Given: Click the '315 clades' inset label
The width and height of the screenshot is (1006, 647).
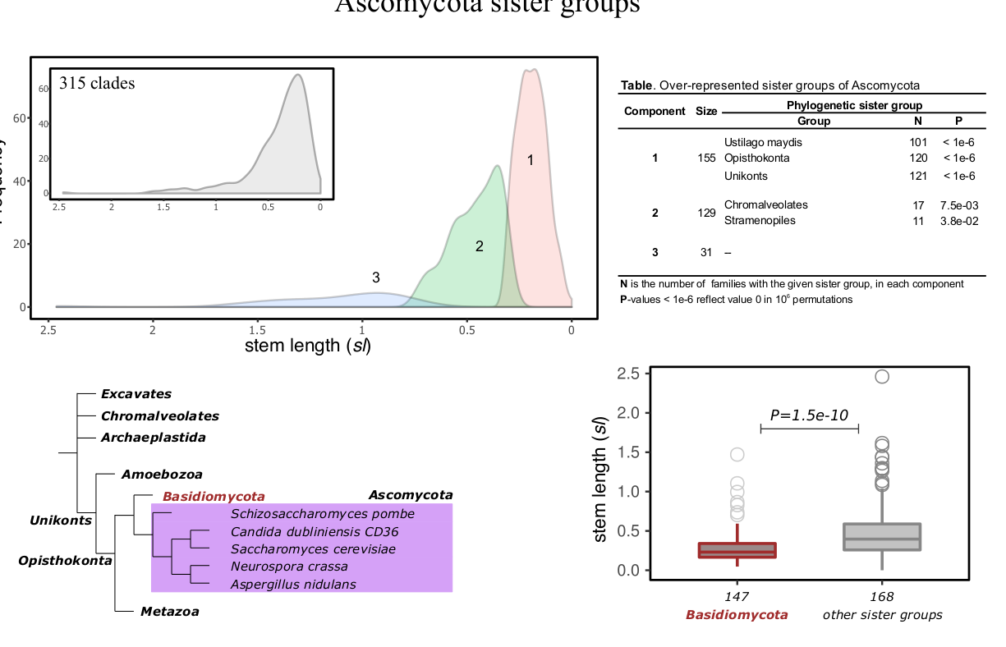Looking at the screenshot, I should coord(97,83).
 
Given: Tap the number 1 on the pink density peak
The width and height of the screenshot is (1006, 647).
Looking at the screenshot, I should coord(531,160).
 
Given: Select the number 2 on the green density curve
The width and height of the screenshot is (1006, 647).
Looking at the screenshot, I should coord(479,245).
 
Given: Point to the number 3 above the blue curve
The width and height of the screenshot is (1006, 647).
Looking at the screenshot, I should coord(375,278).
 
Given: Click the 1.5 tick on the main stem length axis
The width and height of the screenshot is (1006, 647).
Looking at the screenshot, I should coord(258,329).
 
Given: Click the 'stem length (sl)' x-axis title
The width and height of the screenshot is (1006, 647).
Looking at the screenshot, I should coord(308,346).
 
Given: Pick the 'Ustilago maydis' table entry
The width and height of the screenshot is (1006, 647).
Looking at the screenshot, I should coord(763,142).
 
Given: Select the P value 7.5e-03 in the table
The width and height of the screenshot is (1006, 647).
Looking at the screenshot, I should coord(958,205).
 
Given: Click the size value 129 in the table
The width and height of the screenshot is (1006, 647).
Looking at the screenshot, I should coord(706,213).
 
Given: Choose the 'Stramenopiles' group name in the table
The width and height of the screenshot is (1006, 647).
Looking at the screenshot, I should coord(760,221).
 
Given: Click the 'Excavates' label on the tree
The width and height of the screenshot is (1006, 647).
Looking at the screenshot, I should coord(136,394).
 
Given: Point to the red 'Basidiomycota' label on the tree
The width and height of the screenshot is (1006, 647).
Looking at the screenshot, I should coord(214,497).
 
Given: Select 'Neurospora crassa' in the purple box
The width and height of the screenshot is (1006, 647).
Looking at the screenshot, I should coord(289,567).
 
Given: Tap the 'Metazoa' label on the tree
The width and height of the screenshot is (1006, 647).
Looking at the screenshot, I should coord(169,612).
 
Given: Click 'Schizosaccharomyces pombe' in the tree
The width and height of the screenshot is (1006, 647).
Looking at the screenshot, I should coord(322,515).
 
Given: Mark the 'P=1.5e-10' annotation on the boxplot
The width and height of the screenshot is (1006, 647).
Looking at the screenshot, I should coord(809,415).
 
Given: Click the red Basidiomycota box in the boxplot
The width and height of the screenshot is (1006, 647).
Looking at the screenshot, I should coord(737,550).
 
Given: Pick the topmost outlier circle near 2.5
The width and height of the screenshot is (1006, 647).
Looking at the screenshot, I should coord(882,377).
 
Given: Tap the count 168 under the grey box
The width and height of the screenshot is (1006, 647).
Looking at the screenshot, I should coord(883,598).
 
